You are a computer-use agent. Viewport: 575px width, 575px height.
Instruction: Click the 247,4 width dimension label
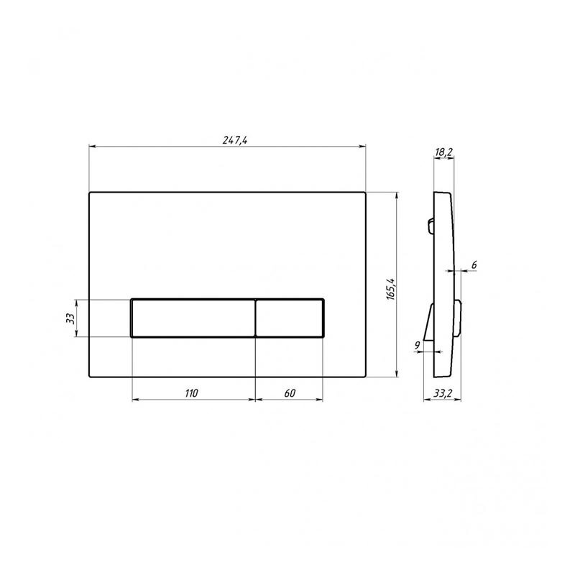tap(235, 140)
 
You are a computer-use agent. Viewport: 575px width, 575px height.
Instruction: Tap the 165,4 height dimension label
tap(390, 289)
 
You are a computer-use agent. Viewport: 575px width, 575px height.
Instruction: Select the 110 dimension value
tap(191, 393)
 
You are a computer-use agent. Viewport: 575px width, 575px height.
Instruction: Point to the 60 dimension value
tap(290, 393)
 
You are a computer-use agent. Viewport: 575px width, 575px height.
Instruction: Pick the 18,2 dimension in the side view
tap(443, 152)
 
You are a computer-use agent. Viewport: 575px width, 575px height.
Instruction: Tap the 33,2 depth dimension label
tap(443, 393)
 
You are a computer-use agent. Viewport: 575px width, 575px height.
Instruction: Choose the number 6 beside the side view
tap(474, 264)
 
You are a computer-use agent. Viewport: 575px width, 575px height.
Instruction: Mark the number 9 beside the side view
tap(417, 345)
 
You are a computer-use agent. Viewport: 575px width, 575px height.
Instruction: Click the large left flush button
tap(193, 318)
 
